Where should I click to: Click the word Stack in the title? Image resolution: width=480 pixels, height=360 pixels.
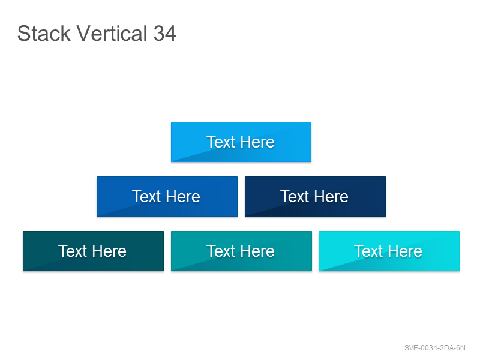click(x=44, y=34)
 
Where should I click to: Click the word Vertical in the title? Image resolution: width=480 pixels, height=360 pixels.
click(x=112, y=34)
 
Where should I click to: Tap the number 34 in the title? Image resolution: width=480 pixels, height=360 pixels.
click(x=164, y=34)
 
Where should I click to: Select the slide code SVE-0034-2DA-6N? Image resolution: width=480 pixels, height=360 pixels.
click(x=434, y=348)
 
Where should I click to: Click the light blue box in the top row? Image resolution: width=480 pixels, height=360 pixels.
click(x=241, y=142)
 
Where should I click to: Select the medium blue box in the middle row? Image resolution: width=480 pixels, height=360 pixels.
click(x=167, y=197)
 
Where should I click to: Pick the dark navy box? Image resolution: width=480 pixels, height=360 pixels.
click(x=316, y=197)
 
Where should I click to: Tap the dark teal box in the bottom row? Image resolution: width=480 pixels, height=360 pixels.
click(x=94, y=251)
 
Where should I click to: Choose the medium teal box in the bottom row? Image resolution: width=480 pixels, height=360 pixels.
click(x=242, y=251)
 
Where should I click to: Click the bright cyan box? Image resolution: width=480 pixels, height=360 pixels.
click(x=389, y=251)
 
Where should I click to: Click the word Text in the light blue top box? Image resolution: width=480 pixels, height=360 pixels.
click(x=221, y=142)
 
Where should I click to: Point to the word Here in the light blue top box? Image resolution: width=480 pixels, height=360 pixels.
click(x=257, y=142)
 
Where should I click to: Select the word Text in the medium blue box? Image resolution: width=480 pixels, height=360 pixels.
click(x=146, y=197)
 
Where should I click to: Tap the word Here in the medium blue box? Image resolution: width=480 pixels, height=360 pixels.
click(x=183, y=197)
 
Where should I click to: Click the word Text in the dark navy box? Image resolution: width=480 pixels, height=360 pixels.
click(x=295, y=197)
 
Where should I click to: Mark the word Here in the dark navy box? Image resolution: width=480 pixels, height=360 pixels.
click(x=331, y=197)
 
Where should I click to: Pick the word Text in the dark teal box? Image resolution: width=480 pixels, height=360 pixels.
click(x=73, y=251)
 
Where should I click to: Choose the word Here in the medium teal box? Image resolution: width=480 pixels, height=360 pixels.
click(x=257, y=251)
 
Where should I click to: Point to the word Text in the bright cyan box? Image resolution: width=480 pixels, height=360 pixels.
click(x=368, y=251)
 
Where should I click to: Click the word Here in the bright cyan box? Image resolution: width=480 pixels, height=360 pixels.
click(x=406, y=251)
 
